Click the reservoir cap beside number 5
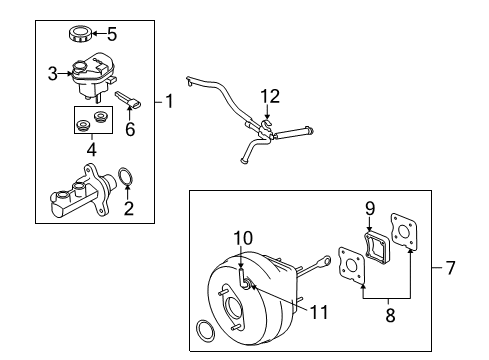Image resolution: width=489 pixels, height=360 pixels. pos(80,34)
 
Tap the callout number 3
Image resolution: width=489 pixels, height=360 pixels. pos(53,74)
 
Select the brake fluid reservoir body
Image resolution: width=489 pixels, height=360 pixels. pos(93,76)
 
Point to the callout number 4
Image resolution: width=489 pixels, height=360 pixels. pos(92,149)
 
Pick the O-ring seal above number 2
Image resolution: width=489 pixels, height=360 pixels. pos(126,176)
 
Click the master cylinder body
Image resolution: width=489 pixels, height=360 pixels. pos(83,192)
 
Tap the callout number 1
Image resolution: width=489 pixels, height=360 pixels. pos(170,101)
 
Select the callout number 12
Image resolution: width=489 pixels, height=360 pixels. pos(270,96)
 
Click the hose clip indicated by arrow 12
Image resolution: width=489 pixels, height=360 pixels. pos(267,128)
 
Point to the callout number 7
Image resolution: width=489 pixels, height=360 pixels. pos(450,268)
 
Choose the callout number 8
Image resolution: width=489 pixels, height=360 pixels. pos(390,315)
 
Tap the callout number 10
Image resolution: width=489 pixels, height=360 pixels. pos(243,238)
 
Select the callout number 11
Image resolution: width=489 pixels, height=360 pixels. pos(319,312)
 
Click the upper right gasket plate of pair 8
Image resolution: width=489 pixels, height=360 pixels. pos(404,231)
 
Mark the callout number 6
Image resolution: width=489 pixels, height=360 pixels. pos(130,129)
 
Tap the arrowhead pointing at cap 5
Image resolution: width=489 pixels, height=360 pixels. pos(94,33)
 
